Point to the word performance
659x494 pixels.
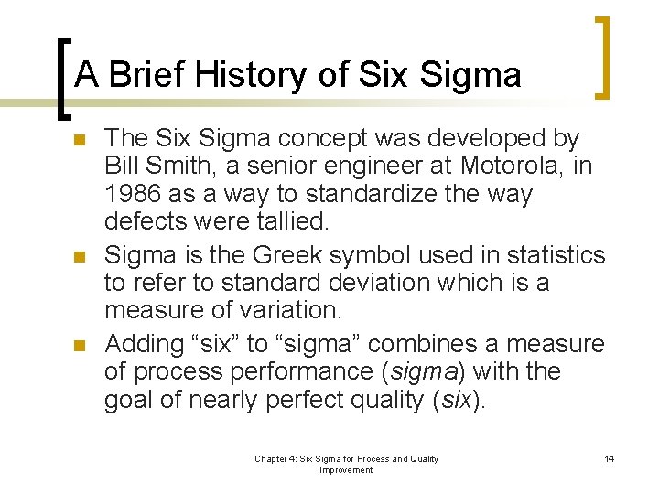[x=307, y=371]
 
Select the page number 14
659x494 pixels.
[x=610, y=458]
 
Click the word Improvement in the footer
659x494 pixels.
[x=346, y=469]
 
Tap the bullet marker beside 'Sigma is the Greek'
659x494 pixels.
[x=79, y=256]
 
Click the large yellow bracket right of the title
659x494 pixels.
[x=601, y=57]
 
